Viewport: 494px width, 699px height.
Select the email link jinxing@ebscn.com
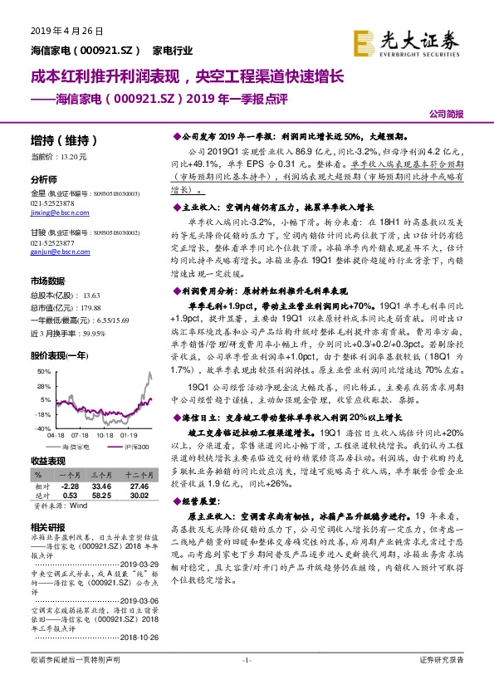click(x=56, y=213)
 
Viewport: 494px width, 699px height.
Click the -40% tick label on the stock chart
click(x=42, y=428)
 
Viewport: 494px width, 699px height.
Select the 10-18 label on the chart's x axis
click(x=105, y=434)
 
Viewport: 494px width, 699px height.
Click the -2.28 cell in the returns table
click(x=69, y=486)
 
